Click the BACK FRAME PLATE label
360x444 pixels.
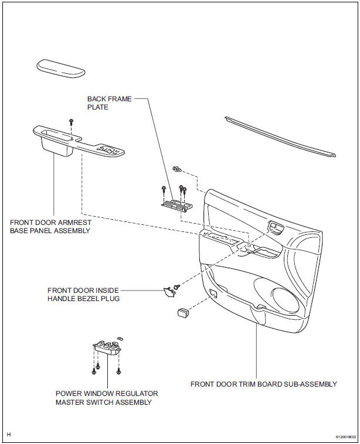click(110, 103)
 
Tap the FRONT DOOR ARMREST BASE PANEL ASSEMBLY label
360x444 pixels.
click(50, 227)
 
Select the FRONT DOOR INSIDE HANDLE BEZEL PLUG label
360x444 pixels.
click(83, 294)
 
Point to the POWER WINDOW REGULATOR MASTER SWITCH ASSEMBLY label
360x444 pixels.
click(107, 398)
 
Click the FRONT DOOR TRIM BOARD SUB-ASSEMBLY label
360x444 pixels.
click(263, 384)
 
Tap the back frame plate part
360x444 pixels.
click(176, 204)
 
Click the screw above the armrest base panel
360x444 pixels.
click(72, 121)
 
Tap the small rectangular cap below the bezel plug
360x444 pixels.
click(181, 313)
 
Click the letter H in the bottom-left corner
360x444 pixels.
click(9, 435)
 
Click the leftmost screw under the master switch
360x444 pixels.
click(94, 371)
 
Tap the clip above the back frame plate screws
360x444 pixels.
click(176, 169)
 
